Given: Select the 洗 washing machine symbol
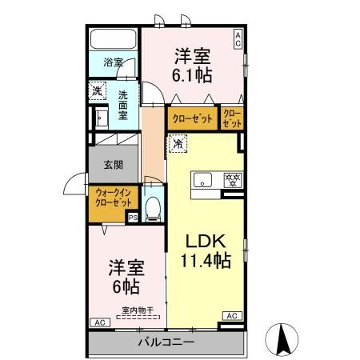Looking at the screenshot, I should (97, 91).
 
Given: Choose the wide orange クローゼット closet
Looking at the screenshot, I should (193, 118).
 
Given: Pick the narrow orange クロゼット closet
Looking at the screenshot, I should (232, 118).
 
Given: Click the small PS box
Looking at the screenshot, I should (133, 216).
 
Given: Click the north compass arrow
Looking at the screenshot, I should (282, 338).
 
